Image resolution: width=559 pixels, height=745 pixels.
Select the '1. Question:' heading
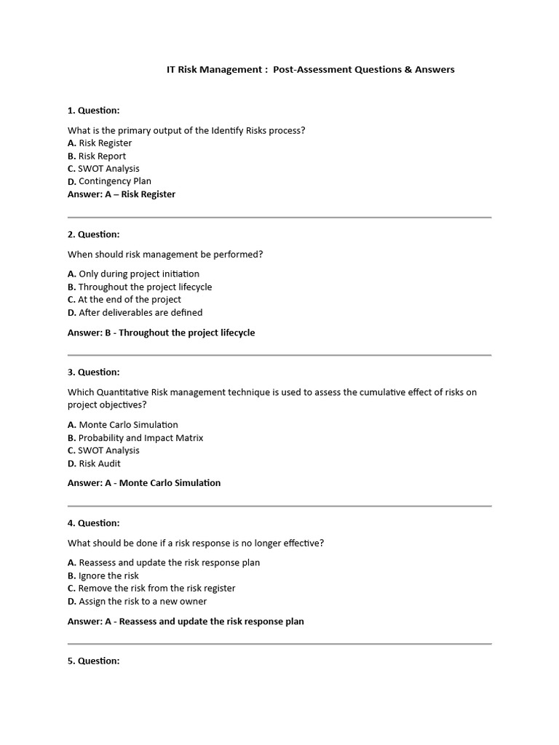(x=94, y=111)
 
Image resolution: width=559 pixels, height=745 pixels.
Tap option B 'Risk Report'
(x=97, y=156)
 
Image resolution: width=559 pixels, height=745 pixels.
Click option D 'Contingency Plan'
(x=109, y=182)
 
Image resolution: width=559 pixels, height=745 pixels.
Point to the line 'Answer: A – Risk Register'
(x=122, y=194)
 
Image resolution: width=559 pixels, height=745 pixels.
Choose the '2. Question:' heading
(x=94, y=234)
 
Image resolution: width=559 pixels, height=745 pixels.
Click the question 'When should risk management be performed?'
(x=165, y=255)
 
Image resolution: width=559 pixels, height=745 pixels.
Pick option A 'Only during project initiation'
(x=133, y=274)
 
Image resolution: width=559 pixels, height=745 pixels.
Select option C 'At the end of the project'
(x=124, y=300)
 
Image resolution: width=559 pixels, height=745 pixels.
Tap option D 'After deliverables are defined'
(x=135, y=313)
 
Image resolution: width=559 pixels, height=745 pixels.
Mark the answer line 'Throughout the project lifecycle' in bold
(x=162, y=333)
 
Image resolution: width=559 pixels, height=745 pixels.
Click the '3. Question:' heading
(x=94, y=372)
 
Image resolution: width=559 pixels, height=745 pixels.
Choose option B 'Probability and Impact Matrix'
(x=135, y=438)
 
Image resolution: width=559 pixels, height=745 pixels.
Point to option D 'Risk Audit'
(x=95, y=463)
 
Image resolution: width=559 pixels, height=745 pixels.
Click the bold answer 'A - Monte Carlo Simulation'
(x=144, y=483)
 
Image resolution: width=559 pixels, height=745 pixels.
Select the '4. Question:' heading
(x=94, y=523)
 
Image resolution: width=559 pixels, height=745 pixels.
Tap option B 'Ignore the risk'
(x=103, y=576)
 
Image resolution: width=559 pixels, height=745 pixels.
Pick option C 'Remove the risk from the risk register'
(x=151, y=589)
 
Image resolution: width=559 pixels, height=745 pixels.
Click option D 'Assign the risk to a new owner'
(x=138, y=602)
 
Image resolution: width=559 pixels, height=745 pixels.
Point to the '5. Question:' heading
(x=94, y=661)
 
